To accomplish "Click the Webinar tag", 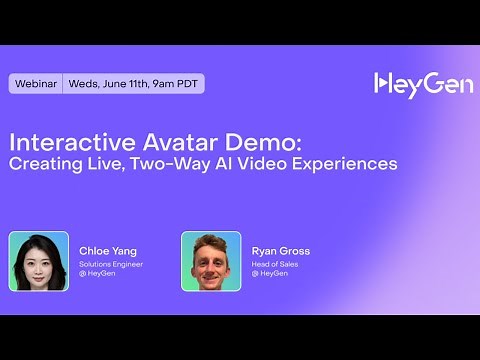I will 36,84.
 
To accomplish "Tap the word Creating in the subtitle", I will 47,162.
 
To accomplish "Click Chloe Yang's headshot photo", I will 39,261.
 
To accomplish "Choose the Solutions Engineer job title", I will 111,264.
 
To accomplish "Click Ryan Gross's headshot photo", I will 211,261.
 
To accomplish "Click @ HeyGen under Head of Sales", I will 269,273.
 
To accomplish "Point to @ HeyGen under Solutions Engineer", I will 97,273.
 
